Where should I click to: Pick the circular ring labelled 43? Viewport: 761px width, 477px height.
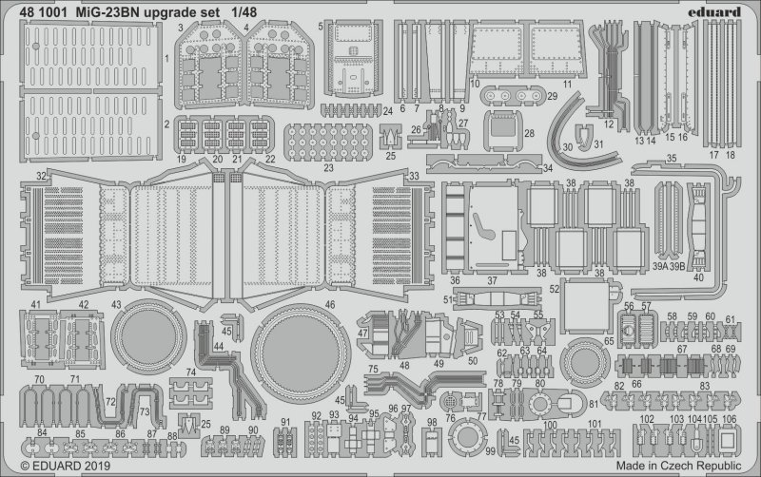click(150, 334)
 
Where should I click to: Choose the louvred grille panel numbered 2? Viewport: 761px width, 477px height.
click(85, 124)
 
